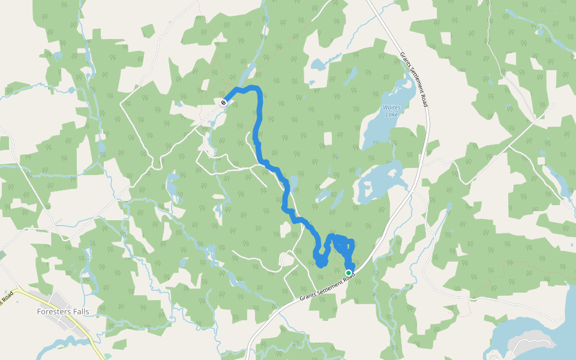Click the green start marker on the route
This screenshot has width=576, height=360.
pos(349,273)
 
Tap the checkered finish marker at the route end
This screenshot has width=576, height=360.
pos(223,103)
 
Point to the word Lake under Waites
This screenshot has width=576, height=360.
pos(391,115)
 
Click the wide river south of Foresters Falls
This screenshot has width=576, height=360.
pos(66,344)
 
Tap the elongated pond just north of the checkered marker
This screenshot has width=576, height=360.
pos(247,75)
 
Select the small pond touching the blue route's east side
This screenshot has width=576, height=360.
pos(293,182)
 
